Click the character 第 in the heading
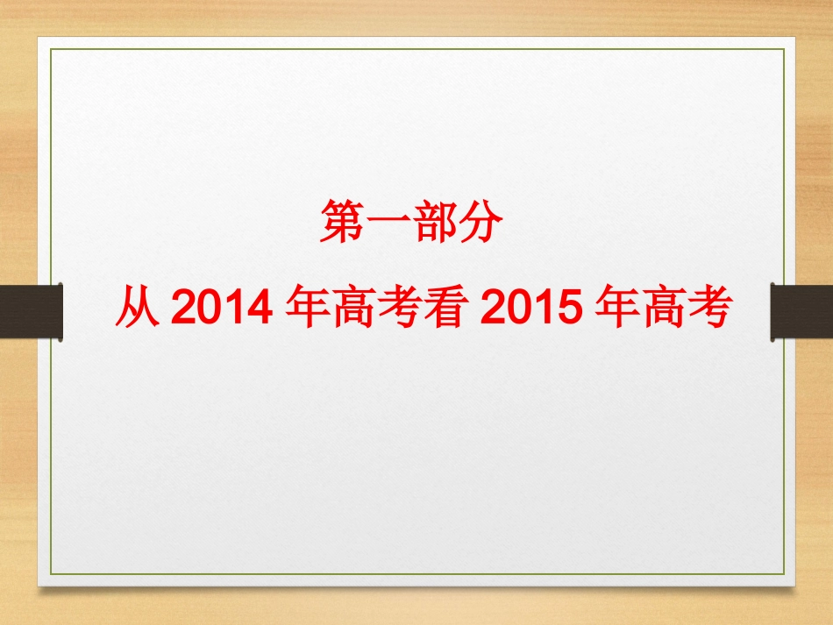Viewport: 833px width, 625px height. click(342, 223)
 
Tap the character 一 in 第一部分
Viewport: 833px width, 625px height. click(387, 223)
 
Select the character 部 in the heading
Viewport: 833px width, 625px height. click(433, 223)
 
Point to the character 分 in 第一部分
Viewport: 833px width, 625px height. click(479, 223)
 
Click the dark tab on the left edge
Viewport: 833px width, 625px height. click(32, 311)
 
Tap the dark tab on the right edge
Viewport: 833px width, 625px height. click(801, 311)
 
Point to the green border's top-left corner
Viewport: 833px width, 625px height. click(51, 49)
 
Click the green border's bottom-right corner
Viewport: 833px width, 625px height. click(783, 574)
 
